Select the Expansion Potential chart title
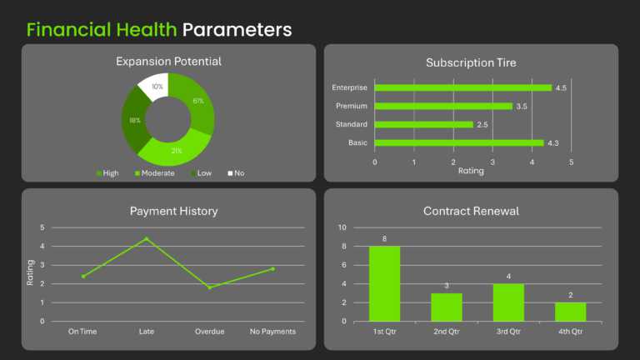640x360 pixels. [168, 62]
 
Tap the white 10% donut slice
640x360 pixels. [155, 85]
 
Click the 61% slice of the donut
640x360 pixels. [197, 104]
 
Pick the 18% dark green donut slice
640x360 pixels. [133, 121]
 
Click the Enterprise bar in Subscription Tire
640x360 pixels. [462, 87]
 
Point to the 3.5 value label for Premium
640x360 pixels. [522, 107]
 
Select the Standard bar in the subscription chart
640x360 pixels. [423, 124]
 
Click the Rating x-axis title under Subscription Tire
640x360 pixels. [471, 171]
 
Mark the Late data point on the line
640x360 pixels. [146, 239]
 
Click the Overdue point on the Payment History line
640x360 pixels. [210, 287]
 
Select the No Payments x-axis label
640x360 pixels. [273, 332]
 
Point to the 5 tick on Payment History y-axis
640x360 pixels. [42, 227]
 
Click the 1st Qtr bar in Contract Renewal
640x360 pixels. [384, 283]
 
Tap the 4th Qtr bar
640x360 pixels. [570, 312]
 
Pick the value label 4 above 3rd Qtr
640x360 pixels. [508, 277]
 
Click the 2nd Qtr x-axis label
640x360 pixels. [447, 332]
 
